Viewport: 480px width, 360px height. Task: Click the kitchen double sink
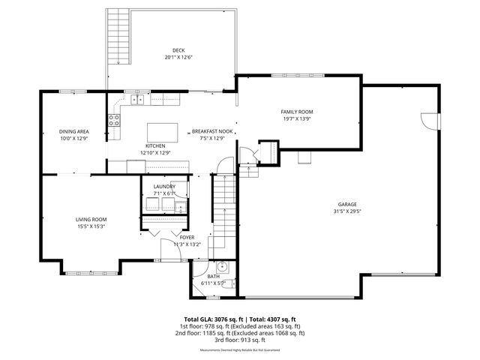[139, 99]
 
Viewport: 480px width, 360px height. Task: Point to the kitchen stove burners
[115, 117]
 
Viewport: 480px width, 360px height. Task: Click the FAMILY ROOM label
[297, 111]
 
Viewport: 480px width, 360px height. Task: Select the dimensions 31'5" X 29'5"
[346, 211]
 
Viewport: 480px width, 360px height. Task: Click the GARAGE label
[346, 204]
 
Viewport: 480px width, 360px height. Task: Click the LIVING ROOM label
[91, 219]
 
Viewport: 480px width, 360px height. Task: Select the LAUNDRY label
[163, 186]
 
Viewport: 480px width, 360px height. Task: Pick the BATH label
[213, 277]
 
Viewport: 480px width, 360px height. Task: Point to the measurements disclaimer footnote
[240, 350]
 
